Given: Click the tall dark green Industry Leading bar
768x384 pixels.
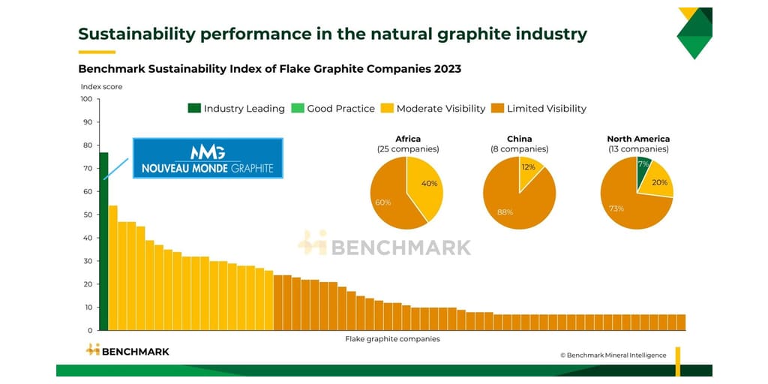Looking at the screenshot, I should pos(103,240).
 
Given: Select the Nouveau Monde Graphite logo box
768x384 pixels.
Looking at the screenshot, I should pos(208,157).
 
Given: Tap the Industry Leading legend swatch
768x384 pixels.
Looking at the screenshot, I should pos(193,109).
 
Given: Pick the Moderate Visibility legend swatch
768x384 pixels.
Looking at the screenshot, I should pos(387,109).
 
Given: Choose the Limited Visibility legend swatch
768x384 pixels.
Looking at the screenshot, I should pos(497,109).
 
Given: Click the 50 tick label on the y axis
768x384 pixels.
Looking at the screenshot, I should pos(87,214).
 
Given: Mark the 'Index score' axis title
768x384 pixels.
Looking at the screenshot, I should pos(101,87).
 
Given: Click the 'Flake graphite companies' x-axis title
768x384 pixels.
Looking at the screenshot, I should pos(392,339).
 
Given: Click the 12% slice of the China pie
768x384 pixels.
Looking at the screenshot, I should pos(529,169).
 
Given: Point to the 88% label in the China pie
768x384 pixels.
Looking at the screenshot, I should pos(505,212).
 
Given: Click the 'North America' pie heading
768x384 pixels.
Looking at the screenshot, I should pos(638,139).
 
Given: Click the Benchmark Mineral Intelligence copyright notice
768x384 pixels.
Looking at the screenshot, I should pos(613,355).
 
